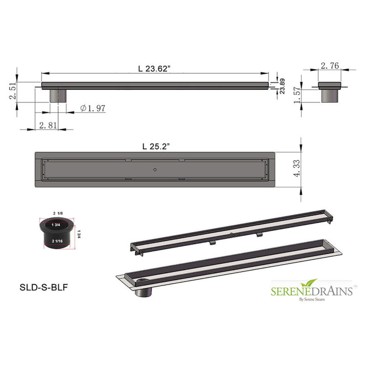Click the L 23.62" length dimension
pos(154,69)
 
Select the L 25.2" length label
pos(156,147)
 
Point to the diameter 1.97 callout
pos(93,108)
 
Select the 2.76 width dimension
pos(330,66)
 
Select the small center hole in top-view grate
pos(155,169)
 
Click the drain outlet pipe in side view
pos(58,96)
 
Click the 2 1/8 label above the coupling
pos(58,213)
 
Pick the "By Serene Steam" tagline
pos(312,300)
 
